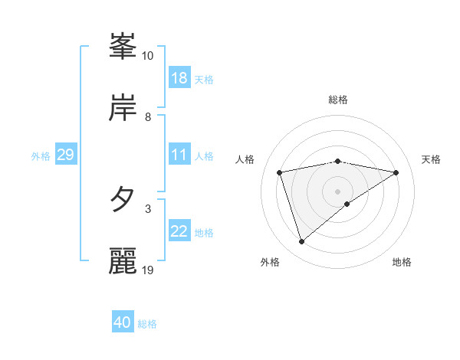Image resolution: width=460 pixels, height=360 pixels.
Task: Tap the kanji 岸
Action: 123,108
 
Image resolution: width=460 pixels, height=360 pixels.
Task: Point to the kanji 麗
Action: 123,260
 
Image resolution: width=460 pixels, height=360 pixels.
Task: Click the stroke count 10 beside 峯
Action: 148,56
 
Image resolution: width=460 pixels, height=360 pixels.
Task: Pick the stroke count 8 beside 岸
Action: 148,117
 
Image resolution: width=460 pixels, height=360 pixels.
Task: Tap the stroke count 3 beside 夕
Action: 148,208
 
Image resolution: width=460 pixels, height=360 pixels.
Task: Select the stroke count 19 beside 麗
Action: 148,270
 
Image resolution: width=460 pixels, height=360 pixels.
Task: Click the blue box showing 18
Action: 179,78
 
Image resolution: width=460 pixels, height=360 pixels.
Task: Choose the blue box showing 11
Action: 179,155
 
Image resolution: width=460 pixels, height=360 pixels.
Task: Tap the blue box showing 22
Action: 179,231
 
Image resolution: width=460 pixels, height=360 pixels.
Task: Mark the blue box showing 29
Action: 65,155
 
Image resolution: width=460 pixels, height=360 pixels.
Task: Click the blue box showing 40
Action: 123,322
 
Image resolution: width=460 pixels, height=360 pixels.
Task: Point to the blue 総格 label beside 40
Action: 148,324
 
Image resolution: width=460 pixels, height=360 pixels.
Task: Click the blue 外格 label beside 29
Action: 41,156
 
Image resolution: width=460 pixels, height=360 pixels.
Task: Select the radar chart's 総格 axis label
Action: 338,100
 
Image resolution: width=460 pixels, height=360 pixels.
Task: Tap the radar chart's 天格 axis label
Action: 432,159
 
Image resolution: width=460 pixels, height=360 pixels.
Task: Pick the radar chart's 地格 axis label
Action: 402,263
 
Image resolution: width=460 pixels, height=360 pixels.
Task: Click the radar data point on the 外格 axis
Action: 301,242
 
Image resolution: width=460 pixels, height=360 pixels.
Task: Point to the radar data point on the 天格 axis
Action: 396,172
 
